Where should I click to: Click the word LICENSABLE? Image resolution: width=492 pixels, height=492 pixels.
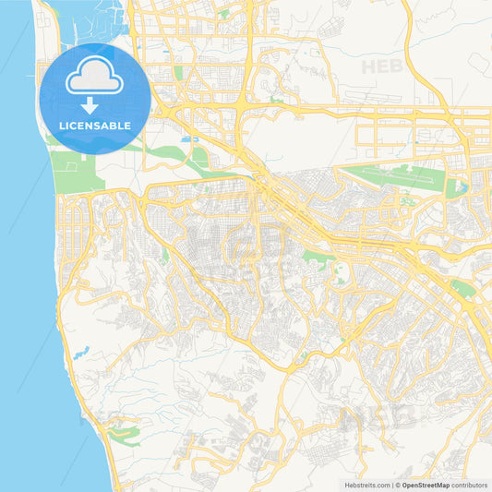95,126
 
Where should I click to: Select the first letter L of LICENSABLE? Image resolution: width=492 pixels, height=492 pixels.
61,126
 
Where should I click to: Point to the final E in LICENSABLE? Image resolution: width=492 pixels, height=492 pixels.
128,126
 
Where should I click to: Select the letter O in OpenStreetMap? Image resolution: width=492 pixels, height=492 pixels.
405,485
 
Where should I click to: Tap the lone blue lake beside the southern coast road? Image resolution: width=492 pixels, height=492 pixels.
84,351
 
